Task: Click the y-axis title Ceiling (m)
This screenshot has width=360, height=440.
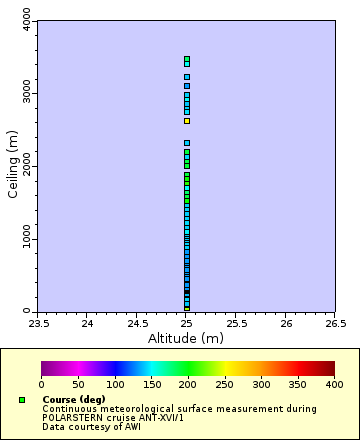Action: click(13, 165)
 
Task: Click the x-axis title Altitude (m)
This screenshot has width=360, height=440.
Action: click(186, 338)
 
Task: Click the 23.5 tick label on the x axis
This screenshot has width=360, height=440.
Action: click(38, 323)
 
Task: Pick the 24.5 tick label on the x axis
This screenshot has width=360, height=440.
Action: click(137, 323)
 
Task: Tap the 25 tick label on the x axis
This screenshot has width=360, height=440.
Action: click(187, 323)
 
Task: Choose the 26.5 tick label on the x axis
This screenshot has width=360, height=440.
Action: click(335, 323)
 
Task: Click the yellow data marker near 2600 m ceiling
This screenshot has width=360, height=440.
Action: click(187, 121)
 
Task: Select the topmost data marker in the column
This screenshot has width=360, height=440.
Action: click(187, 59)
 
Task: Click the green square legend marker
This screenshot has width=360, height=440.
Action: click(22, 400)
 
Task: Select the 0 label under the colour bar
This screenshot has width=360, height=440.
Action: click(41, 384)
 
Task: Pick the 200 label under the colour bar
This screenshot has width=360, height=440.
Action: click(187, 384)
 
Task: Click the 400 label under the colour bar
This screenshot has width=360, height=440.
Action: click(334, 384)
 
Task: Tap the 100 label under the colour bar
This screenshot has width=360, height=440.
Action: click(114, 384)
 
